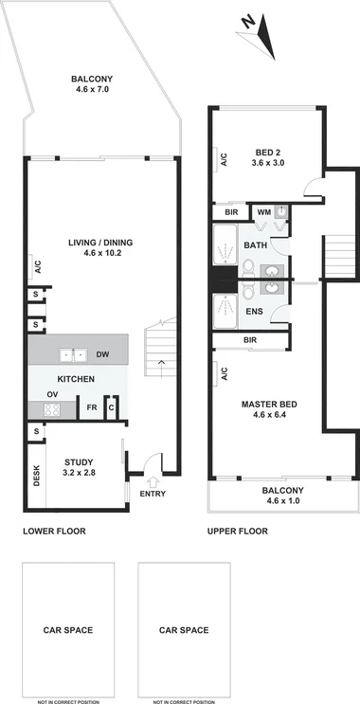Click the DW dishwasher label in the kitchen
point(102,355)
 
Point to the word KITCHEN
point(76,379)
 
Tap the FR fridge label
point(92,408)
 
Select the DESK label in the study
point(36,474)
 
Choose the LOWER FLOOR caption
point(54,532)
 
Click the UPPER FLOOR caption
point(239,532)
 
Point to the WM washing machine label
point(263,211)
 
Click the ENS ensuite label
point(255,311)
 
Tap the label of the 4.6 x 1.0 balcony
point(284,495)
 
